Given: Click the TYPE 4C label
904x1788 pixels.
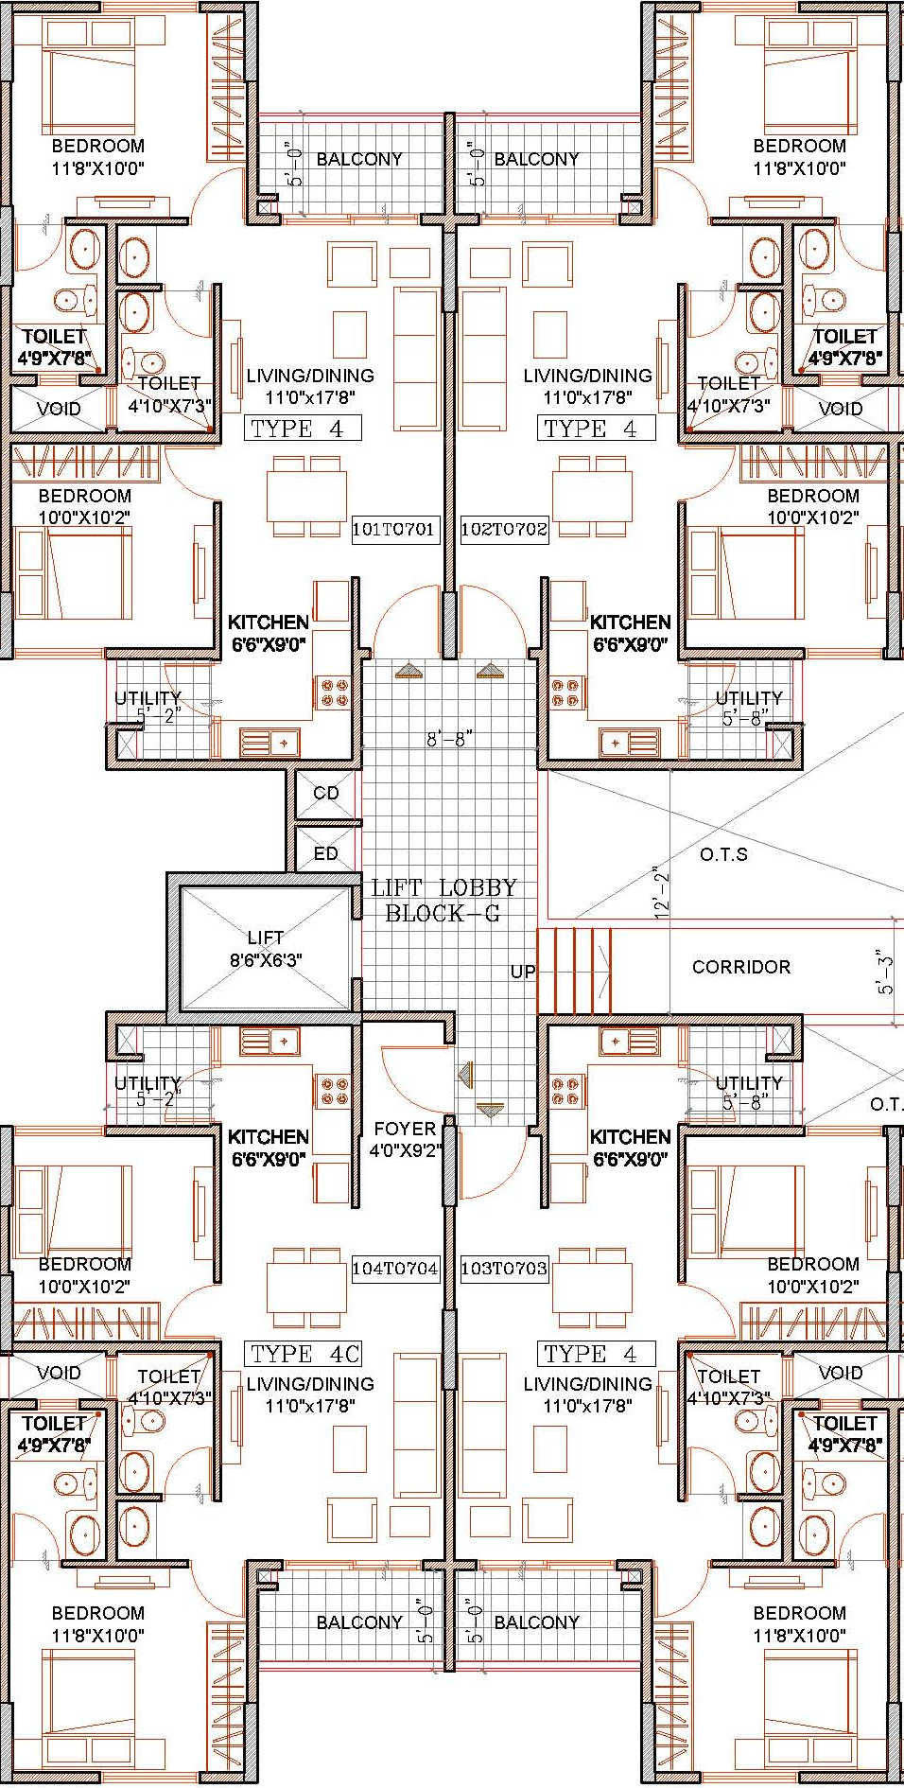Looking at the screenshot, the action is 304,1354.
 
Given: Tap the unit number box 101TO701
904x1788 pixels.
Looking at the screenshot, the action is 393,529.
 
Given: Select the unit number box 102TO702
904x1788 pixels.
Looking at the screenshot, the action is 504,529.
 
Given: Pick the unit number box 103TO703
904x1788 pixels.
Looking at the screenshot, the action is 504,1268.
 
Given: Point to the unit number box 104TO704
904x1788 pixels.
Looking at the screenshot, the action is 394,1268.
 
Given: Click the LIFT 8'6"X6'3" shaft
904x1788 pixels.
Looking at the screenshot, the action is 265,948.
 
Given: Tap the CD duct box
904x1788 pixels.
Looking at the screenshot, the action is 326,794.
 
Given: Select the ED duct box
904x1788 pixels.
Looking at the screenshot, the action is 326,853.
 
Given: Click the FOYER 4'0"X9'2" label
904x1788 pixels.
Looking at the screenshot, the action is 405,1139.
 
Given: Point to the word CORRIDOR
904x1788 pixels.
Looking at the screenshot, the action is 741,967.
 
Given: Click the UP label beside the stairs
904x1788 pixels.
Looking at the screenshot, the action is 523,972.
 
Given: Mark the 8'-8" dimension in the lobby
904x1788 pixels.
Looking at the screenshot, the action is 449,739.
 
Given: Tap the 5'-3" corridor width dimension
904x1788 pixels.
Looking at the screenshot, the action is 884,973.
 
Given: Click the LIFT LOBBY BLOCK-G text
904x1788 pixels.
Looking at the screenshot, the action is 443,900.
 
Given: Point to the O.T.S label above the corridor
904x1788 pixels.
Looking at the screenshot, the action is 723,854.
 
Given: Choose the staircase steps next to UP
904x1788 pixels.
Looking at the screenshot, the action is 574,972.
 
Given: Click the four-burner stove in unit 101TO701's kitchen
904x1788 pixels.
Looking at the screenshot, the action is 335,693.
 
